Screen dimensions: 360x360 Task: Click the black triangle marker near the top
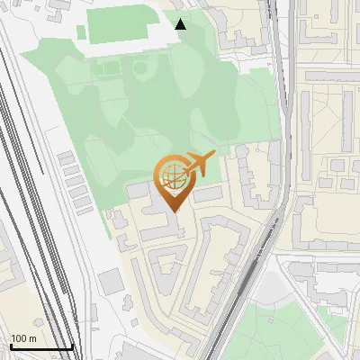(181, 23)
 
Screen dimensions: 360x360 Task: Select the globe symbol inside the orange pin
(171, 176)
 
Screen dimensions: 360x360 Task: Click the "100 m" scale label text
(23, 338)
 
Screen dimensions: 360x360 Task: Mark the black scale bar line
(40, 347)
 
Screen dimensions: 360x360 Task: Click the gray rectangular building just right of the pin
(207, 193)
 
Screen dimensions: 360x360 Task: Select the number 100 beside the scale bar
(18, 338)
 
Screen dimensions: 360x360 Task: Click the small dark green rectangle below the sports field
(108, 68)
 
